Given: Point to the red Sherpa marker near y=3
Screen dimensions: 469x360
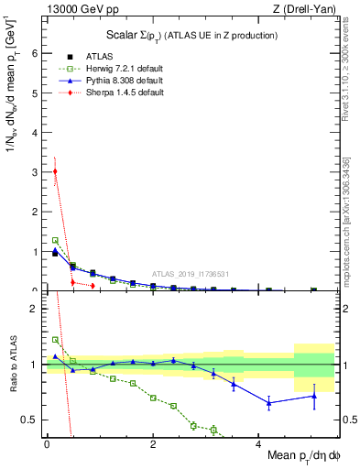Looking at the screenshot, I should tap(55, 171).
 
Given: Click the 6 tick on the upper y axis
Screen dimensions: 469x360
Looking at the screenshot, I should tap(36, 53).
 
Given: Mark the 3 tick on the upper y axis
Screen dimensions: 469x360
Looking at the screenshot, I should tap(36, 171).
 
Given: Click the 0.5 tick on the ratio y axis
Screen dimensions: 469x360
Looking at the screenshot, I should tap(31, 420).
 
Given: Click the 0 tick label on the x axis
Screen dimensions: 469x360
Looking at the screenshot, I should tap(47, 445).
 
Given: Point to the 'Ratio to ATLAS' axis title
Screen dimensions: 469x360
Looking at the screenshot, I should tap(12, 366).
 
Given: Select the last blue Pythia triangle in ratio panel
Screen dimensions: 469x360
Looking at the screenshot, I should tap(313, 396).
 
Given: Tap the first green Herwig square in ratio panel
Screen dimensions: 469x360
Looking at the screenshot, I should tap(55, 340).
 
